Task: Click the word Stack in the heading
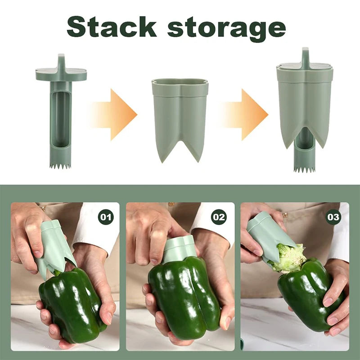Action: coord(112,27)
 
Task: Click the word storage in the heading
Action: coord(227,29)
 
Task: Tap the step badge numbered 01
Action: coord(106,217)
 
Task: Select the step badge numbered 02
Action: coord(219,217)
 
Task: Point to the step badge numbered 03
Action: coord(333,217)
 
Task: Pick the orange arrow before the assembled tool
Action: coord(244,115)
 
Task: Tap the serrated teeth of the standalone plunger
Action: coord(60,166)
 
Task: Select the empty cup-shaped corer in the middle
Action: coord(180,119)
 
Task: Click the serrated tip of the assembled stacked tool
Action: coord(305,170)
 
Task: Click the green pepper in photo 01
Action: coord(72,306)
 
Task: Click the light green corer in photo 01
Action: coord(54,246)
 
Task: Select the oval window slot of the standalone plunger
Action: coord(61,119)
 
